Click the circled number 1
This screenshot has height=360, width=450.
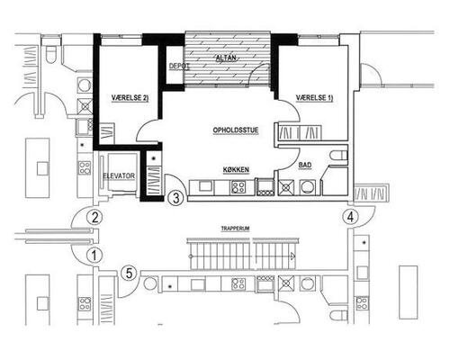(x=94, y=256)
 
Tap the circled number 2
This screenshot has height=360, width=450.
(x=94, y=217)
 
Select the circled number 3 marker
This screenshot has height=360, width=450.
(x=175, y=198)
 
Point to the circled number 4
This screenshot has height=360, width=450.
(x=350, y=217)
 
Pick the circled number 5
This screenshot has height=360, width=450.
(x=129, y=274)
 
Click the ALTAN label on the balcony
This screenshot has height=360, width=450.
(x=226, y=58)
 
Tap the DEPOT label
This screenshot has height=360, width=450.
(x=179, y=67)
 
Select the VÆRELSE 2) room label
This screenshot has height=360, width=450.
(x=130, y=98)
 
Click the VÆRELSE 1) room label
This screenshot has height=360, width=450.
(x=314, y=98)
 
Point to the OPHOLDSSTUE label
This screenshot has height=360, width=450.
(x=236, y=130)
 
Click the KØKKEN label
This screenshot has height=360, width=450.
(x=236, y=170)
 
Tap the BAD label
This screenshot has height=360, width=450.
(x=305, y=165)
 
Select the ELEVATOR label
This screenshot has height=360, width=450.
(x=119, y=175)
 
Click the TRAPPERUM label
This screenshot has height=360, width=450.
(x=236, y=229)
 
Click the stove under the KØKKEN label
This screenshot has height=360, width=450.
(x=238, y=187)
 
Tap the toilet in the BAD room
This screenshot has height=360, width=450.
(x=338, y=156)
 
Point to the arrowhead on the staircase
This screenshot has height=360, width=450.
(x=292, y=256)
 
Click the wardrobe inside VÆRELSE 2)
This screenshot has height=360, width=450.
(x=107, y=133)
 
